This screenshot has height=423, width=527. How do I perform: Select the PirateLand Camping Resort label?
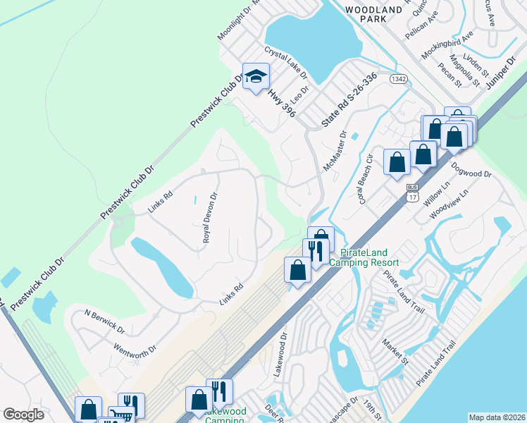pos(369,257)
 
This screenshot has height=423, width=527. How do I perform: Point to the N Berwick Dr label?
pos(104,321)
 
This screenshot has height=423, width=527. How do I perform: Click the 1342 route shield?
pos(399,80)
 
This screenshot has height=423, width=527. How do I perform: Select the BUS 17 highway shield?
pos(413,190)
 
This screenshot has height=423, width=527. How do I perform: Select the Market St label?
pos(395,350)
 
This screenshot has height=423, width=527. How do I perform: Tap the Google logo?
pos(23,415)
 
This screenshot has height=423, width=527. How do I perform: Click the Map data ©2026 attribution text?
pos(497,417)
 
